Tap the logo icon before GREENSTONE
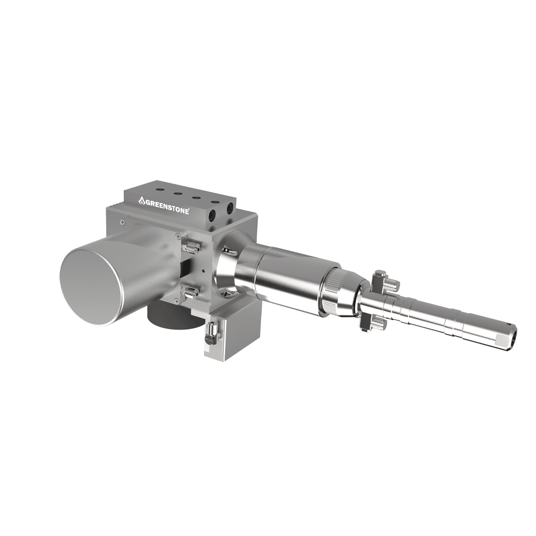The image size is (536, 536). coord(142,200)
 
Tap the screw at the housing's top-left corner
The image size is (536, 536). coord(123,222)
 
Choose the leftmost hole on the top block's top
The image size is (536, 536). coord(160,190)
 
